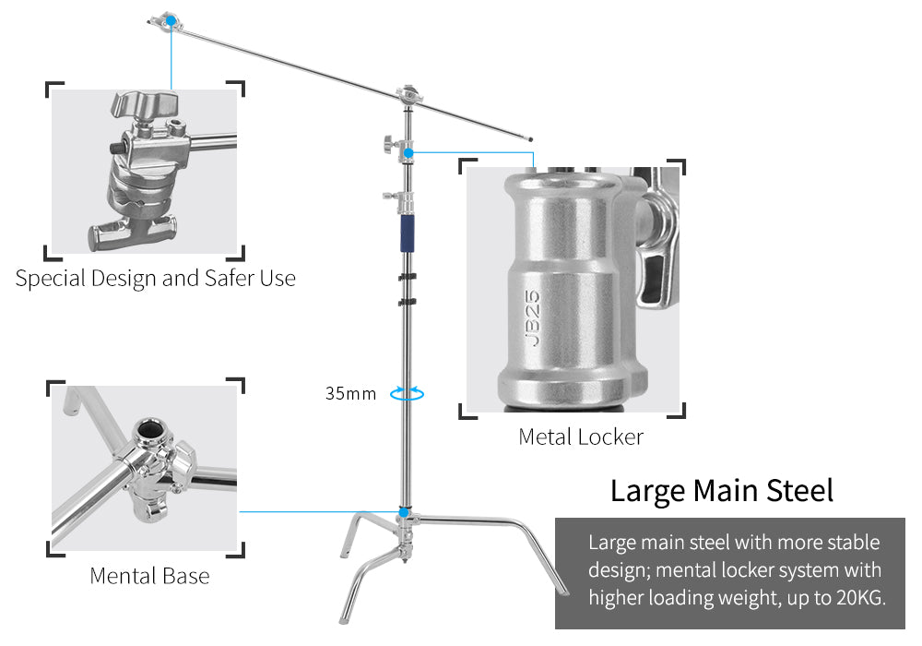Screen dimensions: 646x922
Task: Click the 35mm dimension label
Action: (x=350, y=394)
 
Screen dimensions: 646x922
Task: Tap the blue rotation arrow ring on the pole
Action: (x=407, y=393)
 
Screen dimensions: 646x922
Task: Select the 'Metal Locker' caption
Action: (x=581, y=437)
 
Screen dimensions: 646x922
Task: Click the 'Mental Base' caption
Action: (x=149, y=576)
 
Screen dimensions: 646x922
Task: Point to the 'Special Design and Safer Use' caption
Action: (x=155, y=278)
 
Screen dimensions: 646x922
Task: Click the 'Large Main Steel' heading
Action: (x=721, y=490)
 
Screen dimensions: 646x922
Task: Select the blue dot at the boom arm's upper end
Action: (x=170, y=18)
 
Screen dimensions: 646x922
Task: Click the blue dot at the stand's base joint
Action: (x=404, y=511)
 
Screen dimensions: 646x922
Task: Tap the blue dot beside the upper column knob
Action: (x=408, y=151)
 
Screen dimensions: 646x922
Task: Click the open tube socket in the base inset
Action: (x=149, y=429)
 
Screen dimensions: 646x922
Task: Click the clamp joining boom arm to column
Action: (x=407, y=95)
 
